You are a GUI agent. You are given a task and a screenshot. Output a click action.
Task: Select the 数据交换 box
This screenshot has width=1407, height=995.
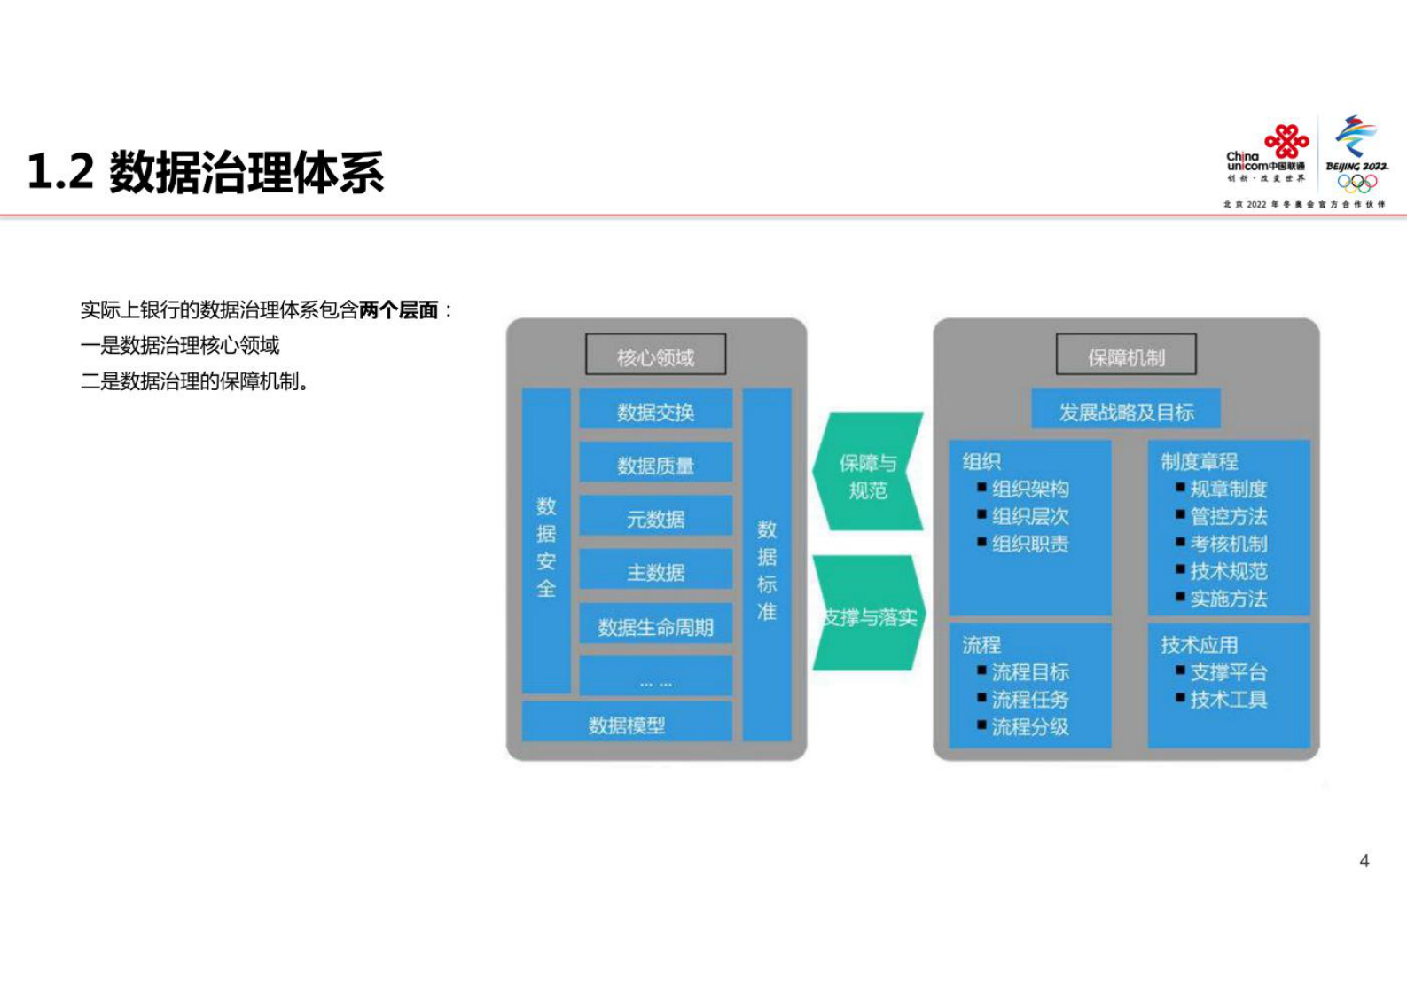(655, 411)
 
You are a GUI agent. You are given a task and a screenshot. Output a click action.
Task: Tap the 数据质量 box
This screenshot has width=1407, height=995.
(655, 464)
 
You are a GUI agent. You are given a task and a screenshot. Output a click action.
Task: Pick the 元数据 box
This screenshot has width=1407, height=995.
(655, 518)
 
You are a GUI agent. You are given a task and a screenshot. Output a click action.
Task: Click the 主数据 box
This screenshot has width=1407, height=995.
(655, 572)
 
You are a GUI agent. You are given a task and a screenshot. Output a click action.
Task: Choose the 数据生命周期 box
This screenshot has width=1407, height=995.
(655, 626)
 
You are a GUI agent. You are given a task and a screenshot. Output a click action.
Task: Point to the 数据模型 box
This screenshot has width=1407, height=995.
(626, 724)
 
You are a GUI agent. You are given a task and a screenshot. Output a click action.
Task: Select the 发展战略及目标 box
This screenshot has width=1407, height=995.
(1126, 411)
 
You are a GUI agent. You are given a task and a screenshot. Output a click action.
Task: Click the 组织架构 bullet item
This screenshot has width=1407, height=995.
(1029, 489)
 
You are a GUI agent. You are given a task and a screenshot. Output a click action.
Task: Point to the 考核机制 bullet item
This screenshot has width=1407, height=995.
(1228, 544)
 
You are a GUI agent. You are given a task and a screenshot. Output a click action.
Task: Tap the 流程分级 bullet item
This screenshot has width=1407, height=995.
(1029, 727)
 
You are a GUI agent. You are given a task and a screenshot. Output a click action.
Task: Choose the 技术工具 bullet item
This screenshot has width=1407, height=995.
(1228, 700)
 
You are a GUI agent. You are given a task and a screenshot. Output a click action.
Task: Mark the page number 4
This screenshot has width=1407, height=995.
(1364, 861)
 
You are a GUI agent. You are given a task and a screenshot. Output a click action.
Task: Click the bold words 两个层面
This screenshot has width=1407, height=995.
(399, 309)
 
